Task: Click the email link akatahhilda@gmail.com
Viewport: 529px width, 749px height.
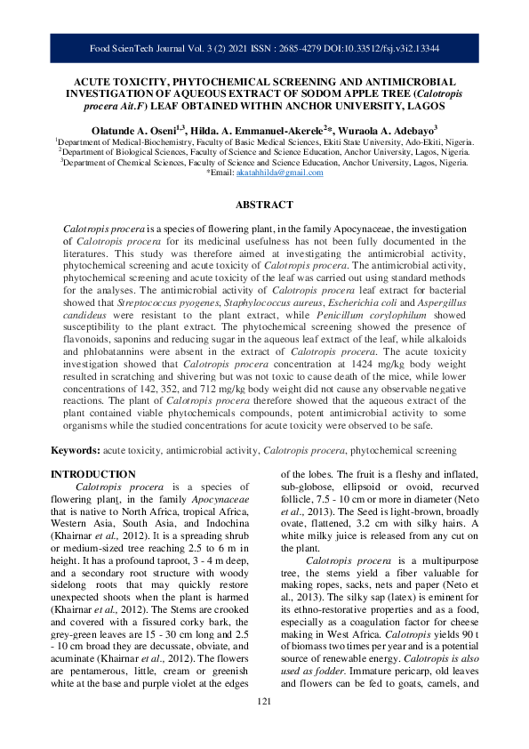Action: click(x=279, y=173)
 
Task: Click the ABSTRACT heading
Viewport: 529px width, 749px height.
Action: click(x=263, y=205)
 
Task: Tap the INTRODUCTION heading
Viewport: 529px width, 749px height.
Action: click(x=93, y=474)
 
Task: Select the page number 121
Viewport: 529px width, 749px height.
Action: click(x=263, y=727)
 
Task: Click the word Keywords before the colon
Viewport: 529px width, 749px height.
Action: click(x=74, y=452)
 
